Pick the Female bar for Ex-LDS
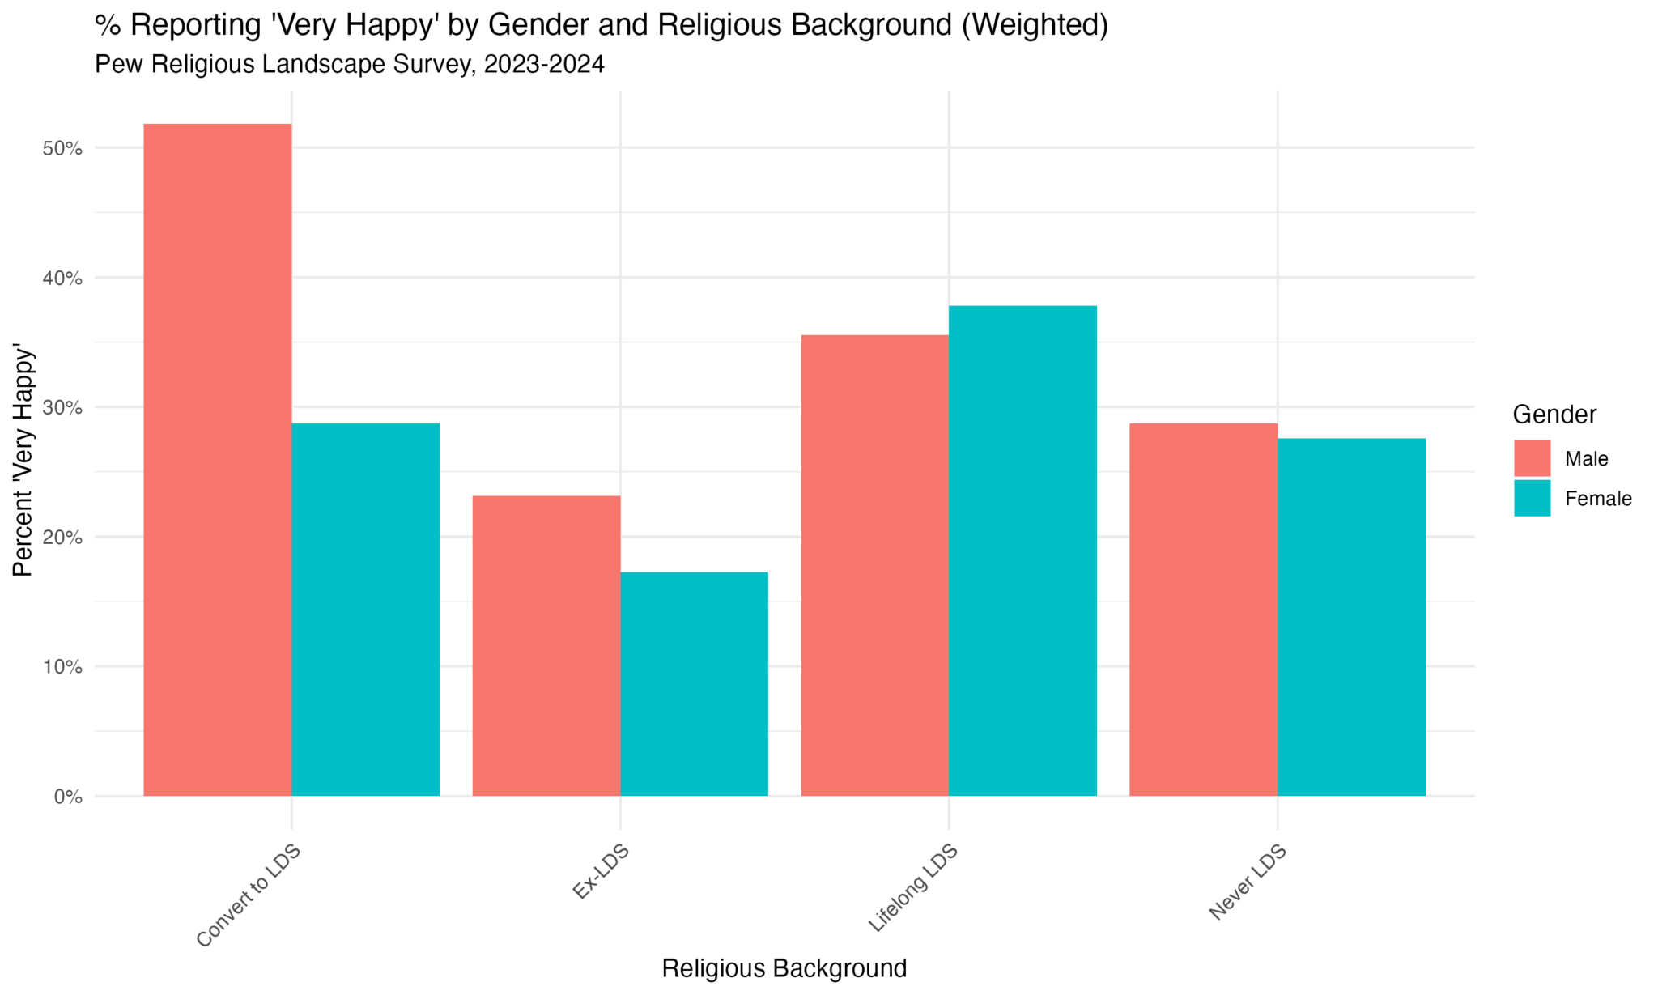[x=694, y=684]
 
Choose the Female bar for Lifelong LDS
[x=1022, y=551]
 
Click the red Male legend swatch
[x=1532, y=458]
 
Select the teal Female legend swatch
[x=1532, y=498]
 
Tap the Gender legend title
[x=1554, y=415]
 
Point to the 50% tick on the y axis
[x=63, y=149]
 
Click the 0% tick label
[x=68, y=797]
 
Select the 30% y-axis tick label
[x=63, y=408]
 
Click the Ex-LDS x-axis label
[x=601, y=871]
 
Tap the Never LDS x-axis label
[x=1248, y=882]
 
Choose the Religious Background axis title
[x=784, y=968]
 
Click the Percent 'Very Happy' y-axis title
[x=23, y=461]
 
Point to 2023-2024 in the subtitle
[x=543, y=65]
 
